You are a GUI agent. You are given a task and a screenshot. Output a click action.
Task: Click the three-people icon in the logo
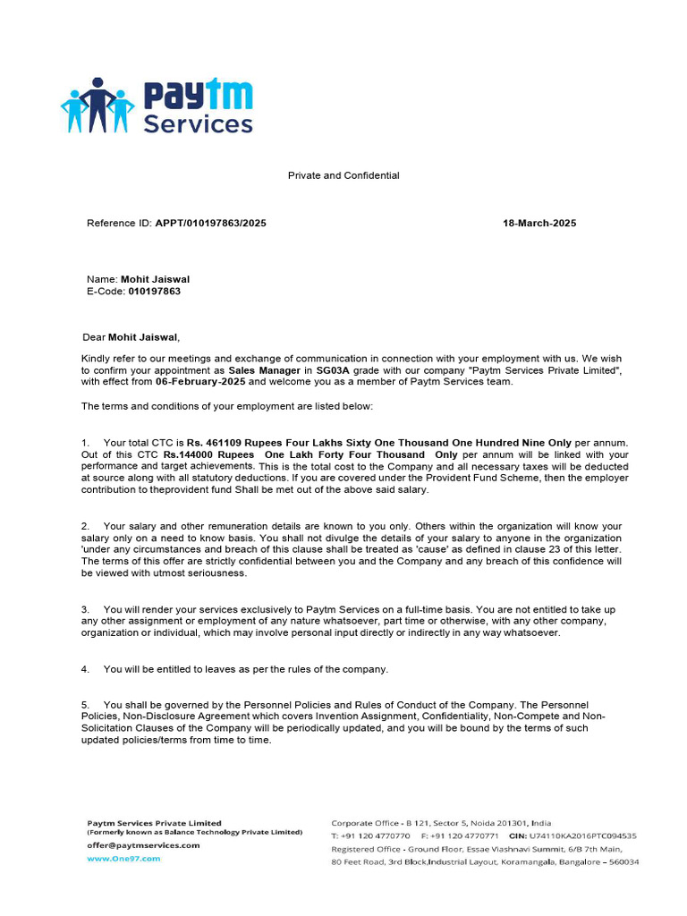(98, 105)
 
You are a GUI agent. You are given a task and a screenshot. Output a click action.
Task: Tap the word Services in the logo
(198, 124)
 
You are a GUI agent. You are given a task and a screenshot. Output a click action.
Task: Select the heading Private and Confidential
(343, 176)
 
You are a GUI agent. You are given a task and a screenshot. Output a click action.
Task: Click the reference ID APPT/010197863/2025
(210, 224)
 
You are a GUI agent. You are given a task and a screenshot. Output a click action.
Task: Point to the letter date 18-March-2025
(539, 224)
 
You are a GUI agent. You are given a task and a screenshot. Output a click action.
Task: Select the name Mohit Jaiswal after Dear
(143, 337)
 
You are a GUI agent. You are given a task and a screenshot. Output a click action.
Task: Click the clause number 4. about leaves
(85, 669)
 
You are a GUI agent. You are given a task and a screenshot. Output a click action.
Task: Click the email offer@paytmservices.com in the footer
(143, 844)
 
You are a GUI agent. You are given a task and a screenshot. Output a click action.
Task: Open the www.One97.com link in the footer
(123, 858)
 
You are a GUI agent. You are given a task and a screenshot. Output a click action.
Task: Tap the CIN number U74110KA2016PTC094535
(589, 835)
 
